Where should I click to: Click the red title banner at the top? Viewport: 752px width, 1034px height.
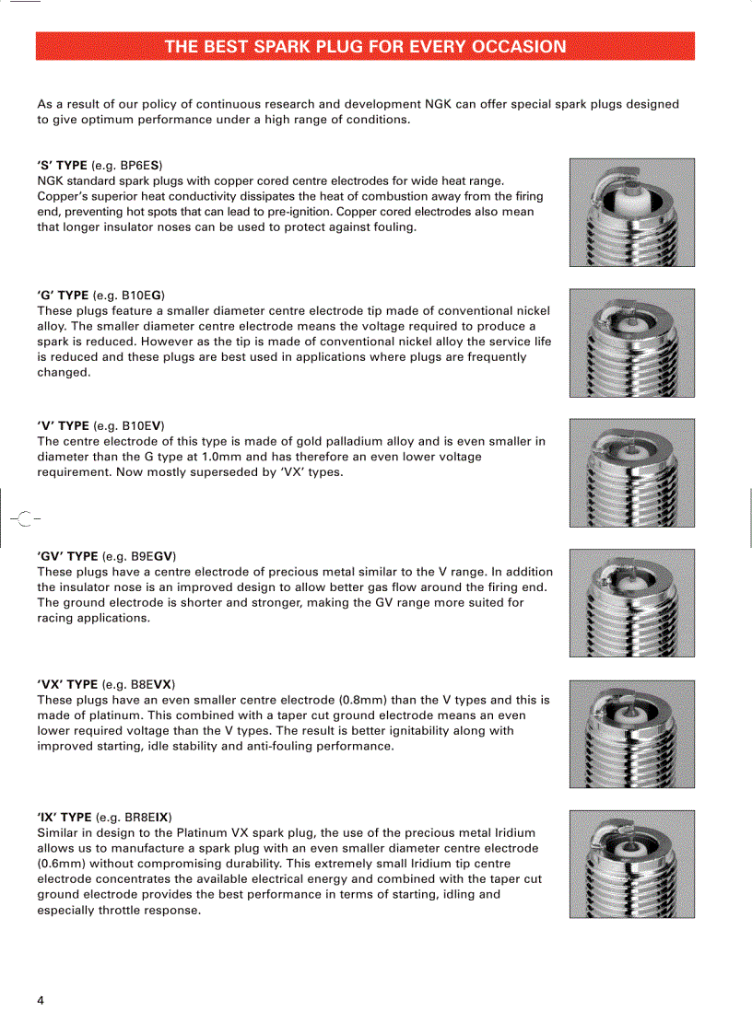point(365,46)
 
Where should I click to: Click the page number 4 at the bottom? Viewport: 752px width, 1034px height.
point(41,1000)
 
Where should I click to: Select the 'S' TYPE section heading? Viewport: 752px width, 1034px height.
point(62,165)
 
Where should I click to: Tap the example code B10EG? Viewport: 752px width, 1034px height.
point(142,296)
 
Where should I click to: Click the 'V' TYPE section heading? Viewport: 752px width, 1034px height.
point(62,425)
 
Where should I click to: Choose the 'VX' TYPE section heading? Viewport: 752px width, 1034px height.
point(66,684)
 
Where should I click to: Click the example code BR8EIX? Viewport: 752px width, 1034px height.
point(146,817)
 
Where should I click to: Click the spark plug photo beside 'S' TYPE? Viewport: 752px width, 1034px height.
point(631,213)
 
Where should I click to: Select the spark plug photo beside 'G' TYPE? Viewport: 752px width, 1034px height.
point(631,343)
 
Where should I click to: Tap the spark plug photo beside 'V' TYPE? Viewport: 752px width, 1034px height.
point(631,472)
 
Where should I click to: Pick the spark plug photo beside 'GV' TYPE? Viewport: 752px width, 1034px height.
point(631,603)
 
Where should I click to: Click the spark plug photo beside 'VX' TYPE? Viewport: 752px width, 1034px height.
point(631,734)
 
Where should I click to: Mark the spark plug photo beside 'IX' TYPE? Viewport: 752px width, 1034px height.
point(631,864)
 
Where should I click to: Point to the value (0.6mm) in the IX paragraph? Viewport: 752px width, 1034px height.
point(64,864)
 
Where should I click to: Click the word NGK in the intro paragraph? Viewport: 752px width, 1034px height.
point(438,104)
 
